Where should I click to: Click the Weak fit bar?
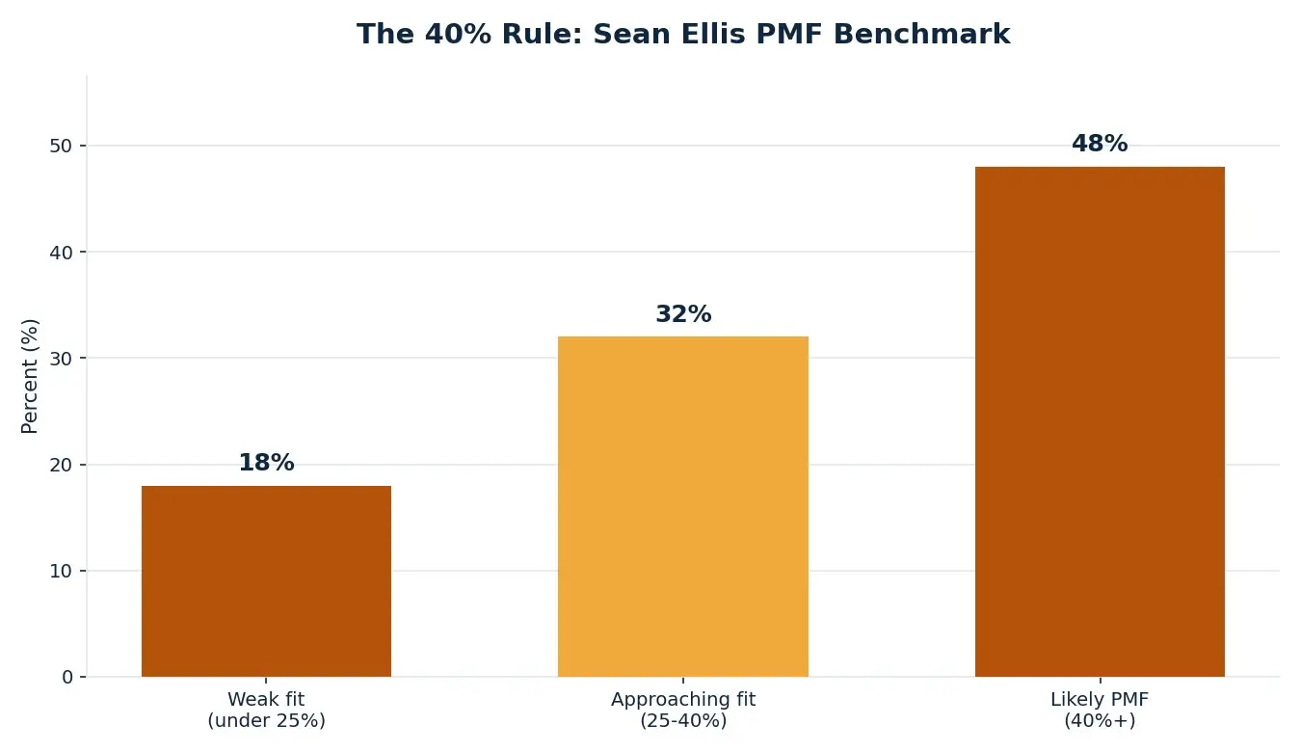click(266, 581)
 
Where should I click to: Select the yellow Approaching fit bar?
click(683, 506)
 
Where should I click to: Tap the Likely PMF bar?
click(1100, 421)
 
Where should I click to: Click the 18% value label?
click(267, 463)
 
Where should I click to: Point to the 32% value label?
click(683, 314)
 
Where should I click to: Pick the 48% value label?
click(1100, 144)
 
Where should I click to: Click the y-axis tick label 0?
click(67, 677)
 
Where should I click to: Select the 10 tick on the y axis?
click(61, 571)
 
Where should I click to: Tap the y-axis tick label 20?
click(61, 465)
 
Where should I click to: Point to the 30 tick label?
click(61, 358)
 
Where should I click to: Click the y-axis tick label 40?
click(61, 253)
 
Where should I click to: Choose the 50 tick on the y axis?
click(61, 146)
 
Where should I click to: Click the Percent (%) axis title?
click(29, 376)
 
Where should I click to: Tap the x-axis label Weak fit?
click(266, 699)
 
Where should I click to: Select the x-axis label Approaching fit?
click(683, 700)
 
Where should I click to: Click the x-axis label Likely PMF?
click(1100, 700)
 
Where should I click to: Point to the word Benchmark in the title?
click(921, 34)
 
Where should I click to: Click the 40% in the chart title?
click(458, 34)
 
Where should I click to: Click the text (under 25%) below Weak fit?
click(266, 720)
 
